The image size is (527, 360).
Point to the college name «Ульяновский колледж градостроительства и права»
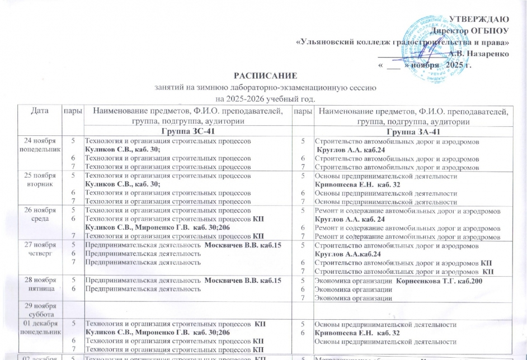click(x=402, y=42)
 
